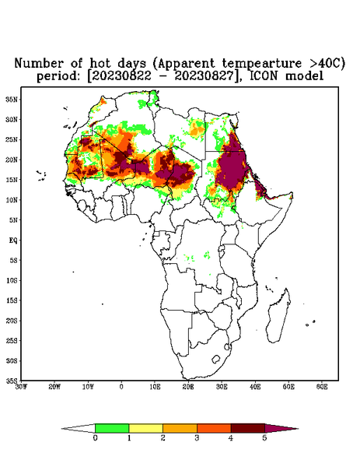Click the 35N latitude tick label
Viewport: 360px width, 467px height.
pyautogui.click(x=12, y=100)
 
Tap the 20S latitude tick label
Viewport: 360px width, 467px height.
pyautogui.click(x=12, y=321)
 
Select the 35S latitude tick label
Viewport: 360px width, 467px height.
pyautogui.click(x=12, y=381)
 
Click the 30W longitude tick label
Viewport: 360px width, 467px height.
pyautogui.click(x=21, y=387)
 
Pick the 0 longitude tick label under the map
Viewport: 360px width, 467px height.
pyautogui.click(x=121, y=387)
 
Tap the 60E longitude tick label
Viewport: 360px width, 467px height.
pyautogui.click(x=322, y=387)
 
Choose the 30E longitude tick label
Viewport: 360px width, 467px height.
pyautogui.click(x=222, y=387)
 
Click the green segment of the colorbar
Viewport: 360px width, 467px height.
pyautogui.click(x=112, y=428)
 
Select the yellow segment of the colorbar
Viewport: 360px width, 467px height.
pyautogui.click(x=145, y=428)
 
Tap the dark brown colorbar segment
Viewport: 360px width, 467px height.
pyautogui.click(x=248, y=428)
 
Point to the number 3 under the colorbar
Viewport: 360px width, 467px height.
pyautogui.click(x=197, y=438)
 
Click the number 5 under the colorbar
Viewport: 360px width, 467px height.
pyautogui.click(x=264, y=438)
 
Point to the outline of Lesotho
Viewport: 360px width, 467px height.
pyautogui.click(x=215, y=359)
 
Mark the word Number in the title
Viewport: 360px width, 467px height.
pyautogui.click(x=39, y=64)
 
